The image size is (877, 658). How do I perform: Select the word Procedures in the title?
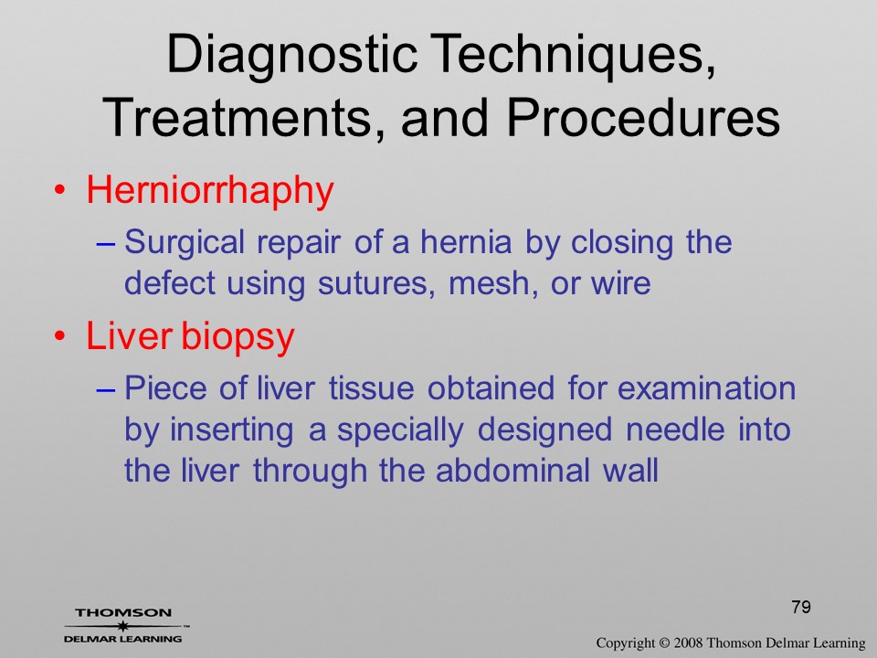(x=643, y=118)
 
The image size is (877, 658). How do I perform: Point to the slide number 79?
(x=801, y=607)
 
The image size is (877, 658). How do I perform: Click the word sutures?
(x=375, y=283)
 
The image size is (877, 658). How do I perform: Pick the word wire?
(x=621, y=282)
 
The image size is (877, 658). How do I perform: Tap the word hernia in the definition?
(x=466, y=241)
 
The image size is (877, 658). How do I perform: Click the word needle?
(x=674, y=430)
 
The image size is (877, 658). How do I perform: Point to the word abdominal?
(x=512, y=470)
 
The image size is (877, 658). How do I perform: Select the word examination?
(x=706, y=388)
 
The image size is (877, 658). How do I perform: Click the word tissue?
(x=372, y=388)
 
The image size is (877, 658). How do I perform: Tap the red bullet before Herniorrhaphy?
(x=59, y=190)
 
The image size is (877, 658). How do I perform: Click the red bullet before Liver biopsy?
(x=59, y=336)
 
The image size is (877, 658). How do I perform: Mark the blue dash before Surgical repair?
(x=106, y=244)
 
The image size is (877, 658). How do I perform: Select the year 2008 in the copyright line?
(x=688, y=642)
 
